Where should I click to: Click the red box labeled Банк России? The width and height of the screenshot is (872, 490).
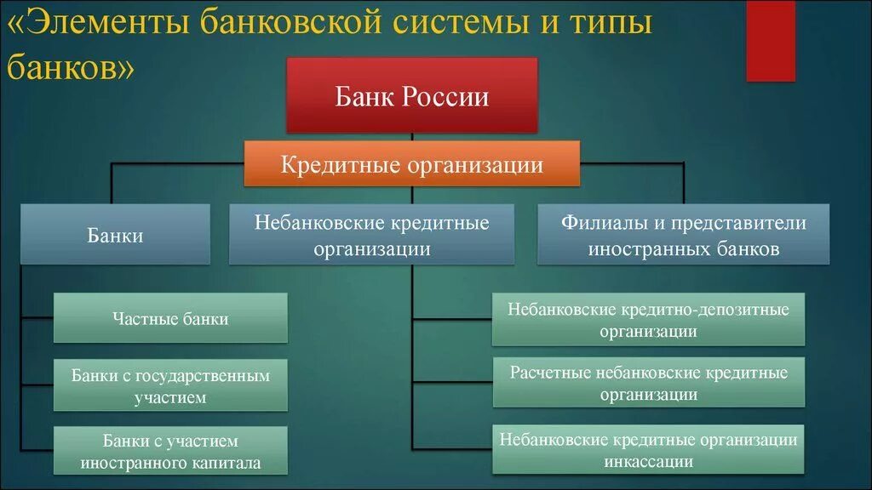pyautogui.click(x=412, y=95)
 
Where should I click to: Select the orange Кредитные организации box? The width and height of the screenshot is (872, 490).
pyautogui.click(x=412, y=163)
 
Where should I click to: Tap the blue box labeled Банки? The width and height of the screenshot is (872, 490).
pyautogui.click(x=115, y=235)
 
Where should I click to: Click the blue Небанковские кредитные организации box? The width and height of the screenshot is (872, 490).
pyautogui.click(x=371, y=235)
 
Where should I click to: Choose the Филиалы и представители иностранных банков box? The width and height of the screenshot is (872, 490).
pyautogui.click(x=683, y=235)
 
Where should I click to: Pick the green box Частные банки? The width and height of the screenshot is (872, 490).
pyautogui.click(x=170, y=318)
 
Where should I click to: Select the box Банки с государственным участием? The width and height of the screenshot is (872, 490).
pyautogui.click(x=170, y=385)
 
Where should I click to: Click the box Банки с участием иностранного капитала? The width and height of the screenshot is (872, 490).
pyautogui.click(x=170, y=451)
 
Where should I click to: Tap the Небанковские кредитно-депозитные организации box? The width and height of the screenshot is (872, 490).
pyautogui.click(x=648, y=319)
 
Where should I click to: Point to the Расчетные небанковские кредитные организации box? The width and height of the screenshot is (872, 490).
pyautogui.click(x=648, y=383)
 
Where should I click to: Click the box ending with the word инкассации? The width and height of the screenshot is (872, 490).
pyautogui.click(x=648, y=450)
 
